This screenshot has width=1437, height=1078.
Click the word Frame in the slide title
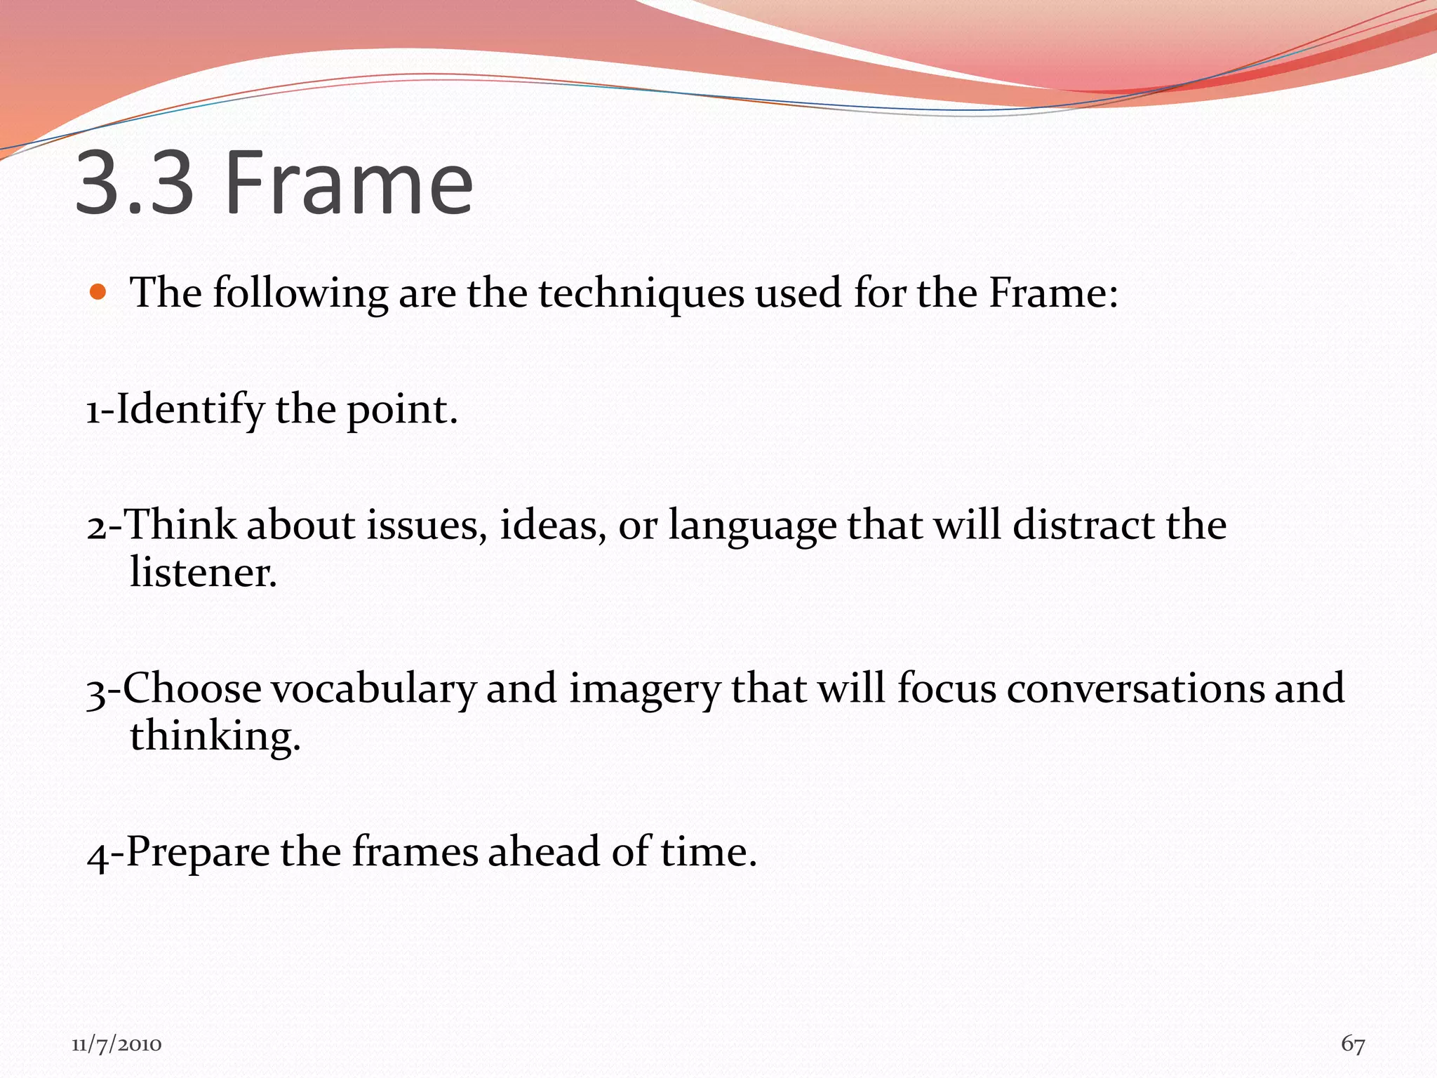click(x=349, y=184)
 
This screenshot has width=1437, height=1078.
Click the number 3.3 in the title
click(x=134, y=184)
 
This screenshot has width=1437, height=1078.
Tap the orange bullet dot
click(x=98, y=291)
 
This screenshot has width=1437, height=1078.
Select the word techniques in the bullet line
click(x=641, y=293)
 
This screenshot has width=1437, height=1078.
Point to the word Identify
click(x=189, y=410)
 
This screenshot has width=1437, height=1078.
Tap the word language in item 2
click(x=752, y=526)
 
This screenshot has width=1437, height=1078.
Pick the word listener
click(x=203, y=572)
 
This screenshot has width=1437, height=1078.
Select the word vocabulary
click(x=373, y=689)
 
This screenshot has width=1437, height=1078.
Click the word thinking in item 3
click(x=214, y=737)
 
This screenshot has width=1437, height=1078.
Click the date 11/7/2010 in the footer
click(x=116, y=1045)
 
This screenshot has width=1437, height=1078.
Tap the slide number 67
click(x=1353, y=1044)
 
